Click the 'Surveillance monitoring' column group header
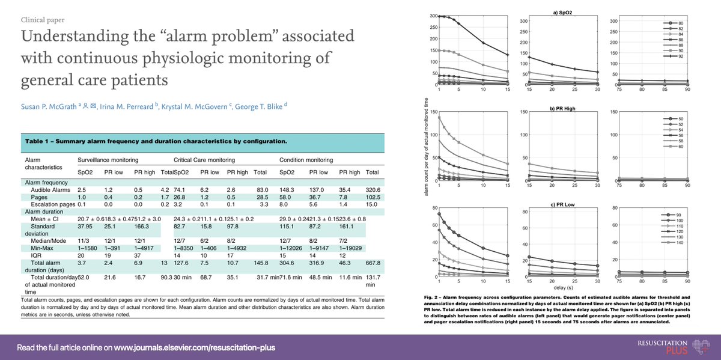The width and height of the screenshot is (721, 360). pyautogui.click(x=109, y=160)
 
